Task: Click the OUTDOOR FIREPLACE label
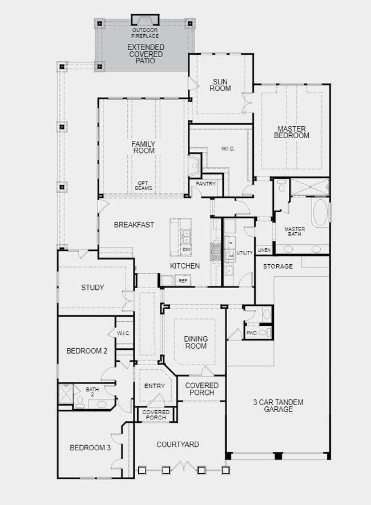tap(145, 33)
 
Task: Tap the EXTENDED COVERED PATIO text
tap(146, 54)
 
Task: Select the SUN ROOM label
tap(220, 84)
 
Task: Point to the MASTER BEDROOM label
tap(292, 132)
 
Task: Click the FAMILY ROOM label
tap(144, 147)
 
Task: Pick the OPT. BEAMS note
tap(143, 185)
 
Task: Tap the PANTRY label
tap(205, 184)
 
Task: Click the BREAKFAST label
tap(134, 225)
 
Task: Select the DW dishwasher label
tap(186, 250)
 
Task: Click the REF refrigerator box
tap(183, 280)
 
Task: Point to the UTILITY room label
tap(244, 252)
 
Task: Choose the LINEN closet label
tap(264, 250)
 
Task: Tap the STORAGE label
tap(277, 266)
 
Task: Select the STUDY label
tap(92, 288)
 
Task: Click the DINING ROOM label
tap(196, 342)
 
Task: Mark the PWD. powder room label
tap(251, 333)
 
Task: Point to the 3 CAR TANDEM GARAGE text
tap(278, 406)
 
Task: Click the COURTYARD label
tap(178, 445)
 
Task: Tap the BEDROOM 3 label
tap(90, 448)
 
